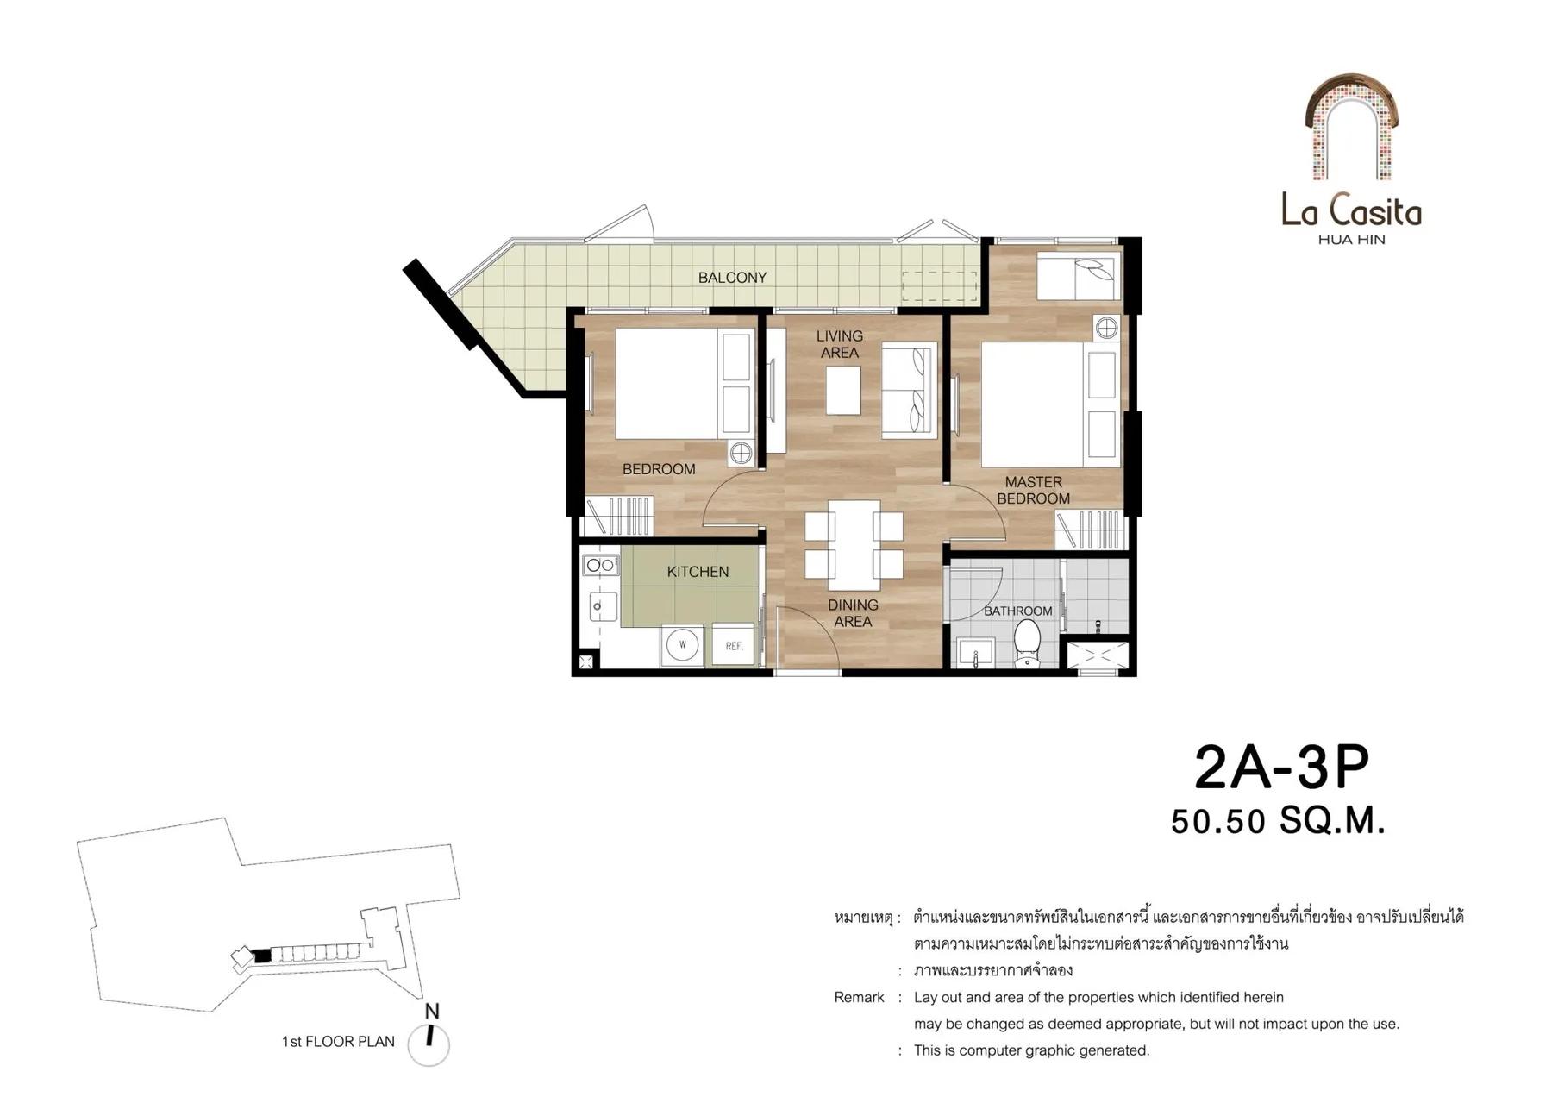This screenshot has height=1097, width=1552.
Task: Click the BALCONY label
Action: pos(732,278)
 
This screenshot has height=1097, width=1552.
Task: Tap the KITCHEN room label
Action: pos(698,572)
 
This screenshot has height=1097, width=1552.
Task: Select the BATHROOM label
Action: pos(1017,611)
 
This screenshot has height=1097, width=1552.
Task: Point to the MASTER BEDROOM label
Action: pos(1033,490)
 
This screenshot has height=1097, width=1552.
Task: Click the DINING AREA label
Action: pos(853,613)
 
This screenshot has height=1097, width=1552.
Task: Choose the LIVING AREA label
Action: pos(840,344)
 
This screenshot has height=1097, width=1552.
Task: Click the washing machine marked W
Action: pos(682,644)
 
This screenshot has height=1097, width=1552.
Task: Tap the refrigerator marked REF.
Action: pos(734,644)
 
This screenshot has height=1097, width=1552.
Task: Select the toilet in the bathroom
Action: pos(1027,643)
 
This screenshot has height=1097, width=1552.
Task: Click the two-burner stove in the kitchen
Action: pos(600,566)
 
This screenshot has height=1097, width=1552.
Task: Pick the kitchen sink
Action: pos(602,606)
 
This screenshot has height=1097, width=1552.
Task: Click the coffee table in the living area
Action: pos(843,390)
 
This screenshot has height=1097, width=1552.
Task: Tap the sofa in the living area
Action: pos(909,391)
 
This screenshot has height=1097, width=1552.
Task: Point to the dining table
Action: pos(854,545)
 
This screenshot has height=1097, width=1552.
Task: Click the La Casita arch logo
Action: pos(1351,127)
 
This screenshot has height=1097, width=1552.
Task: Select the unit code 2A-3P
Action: pos(1281,768)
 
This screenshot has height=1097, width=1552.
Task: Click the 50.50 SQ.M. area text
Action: pos(1278,821)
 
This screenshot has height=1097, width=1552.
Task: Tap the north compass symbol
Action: pos(429,1037)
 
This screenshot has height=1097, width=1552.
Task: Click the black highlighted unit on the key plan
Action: pos(263,956)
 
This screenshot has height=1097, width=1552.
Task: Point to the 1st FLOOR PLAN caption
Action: pos(338,1042)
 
